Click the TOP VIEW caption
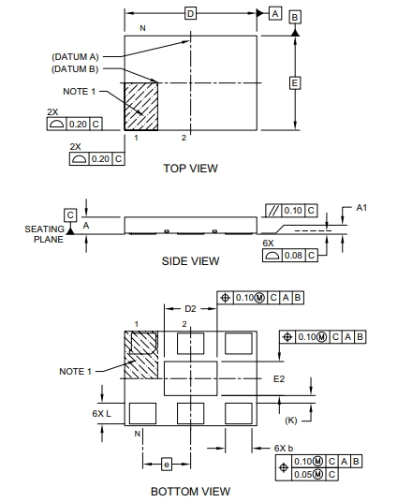pyautogui.click(x=190, y=169)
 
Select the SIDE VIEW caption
pyautogui.click(x=190, y=261)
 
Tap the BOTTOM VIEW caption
pyautogui.click(x=190, y=492)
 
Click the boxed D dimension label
pyautogui.click(x=190, y=14)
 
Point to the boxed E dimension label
pyautogui.click(x=295, y=83)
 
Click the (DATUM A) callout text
pyautogui.click(x=75, y=57)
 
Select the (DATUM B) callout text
pyautogui.click(x=75, y=69)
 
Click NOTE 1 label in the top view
pyautogui.click(x=80, y=92)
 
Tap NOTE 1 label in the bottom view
pyautogui.click(x=76, y=372)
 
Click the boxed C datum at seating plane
pyautogui.click(x=70, y=214)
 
